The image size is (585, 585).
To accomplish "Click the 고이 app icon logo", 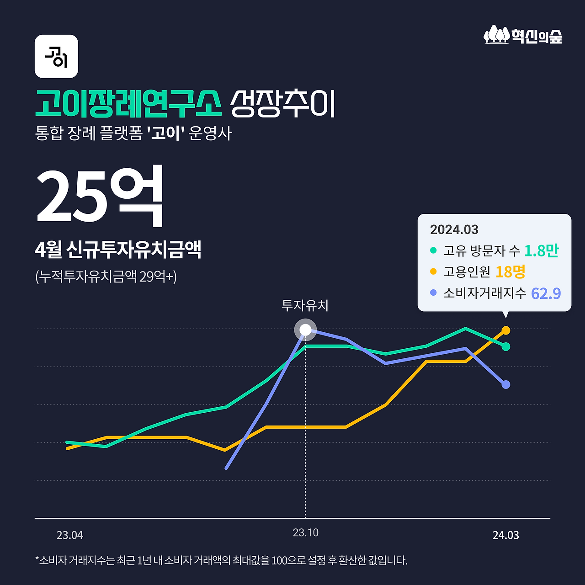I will pos(56,56).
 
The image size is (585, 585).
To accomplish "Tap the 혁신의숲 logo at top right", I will pos(523,35).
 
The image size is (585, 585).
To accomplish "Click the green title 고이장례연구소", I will pos(128,104).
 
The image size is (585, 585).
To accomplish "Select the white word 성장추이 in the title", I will pos(282,104).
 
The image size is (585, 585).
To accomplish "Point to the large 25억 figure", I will pos(100,197).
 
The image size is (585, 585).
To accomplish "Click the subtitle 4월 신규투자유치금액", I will pos(118,250).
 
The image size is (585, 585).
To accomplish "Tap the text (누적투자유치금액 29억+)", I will pos(106,276).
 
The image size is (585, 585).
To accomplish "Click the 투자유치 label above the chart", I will pos(305,305).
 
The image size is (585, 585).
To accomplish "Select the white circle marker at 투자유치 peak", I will pos(305,330).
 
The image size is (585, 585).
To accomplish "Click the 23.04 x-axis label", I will pos(69,535).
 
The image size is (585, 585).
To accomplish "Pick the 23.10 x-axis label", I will pos(305,533).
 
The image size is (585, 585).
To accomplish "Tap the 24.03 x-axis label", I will pos(505,535).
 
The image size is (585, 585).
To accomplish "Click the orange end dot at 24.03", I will pos(506,330).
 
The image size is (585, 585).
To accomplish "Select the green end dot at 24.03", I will pos(506,346).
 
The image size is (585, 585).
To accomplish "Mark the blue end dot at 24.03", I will pos(506,384).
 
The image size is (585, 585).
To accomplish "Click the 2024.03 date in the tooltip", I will pos(454,229).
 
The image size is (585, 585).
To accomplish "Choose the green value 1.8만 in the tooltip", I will pos(541,250).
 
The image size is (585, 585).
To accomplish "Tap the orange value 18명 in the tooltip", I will pos(510,272).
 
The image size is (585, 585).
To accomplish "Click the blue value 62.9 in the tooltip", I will pos(546,293).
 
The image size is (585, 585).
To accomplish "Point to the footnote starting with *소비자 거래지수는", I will pos(221,560).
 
